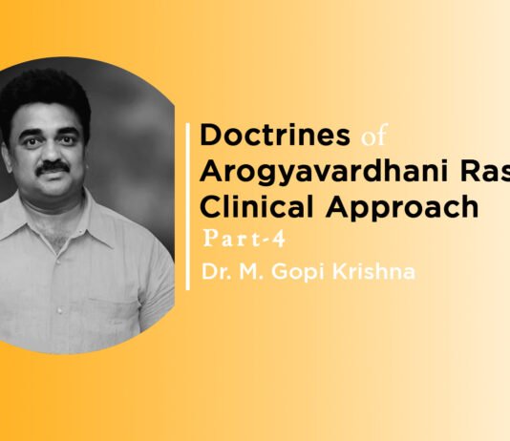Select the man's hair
point(48,88)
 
